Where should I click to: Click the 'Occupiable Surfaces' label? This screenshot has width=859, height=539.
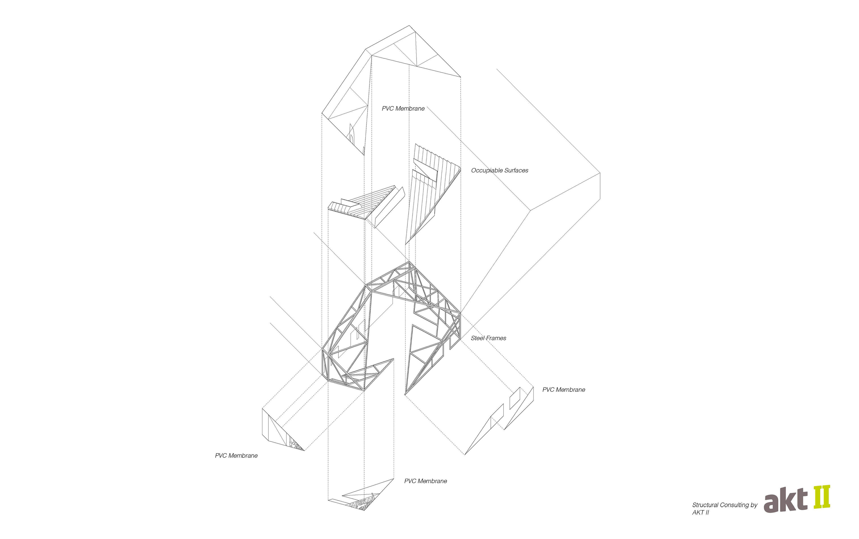(500, 170)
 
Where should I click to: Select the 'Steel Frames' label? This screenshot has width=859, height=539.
(488, 338)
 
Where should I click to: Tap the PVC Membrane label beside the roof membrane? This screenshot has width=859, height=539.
(403, 108)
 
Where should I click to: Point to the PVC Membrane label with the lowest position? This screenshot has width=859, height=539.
(425, 481)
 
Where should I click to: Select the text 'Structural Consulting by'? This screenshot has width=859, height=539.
(725, 505)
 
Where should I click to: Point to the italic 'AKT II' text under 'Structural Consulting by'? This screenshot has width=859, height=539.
(700, 512)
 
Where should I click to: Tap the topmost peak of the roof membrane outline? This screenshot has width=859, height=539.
(409, 26)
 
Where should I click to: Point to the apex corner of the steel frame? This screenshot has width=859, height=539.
(409, 263)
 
